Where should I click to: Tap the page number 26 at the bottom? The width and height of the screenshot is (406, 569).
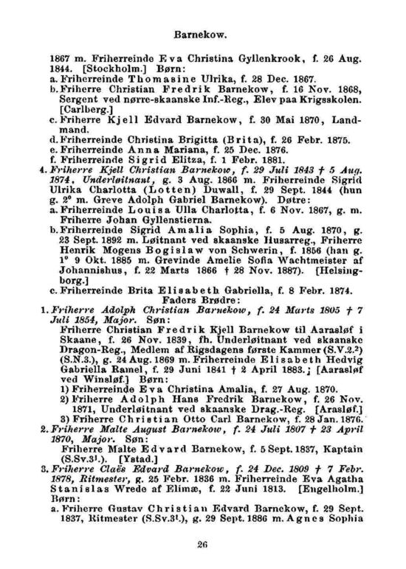pyautogui.click(x=202, y=545)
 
